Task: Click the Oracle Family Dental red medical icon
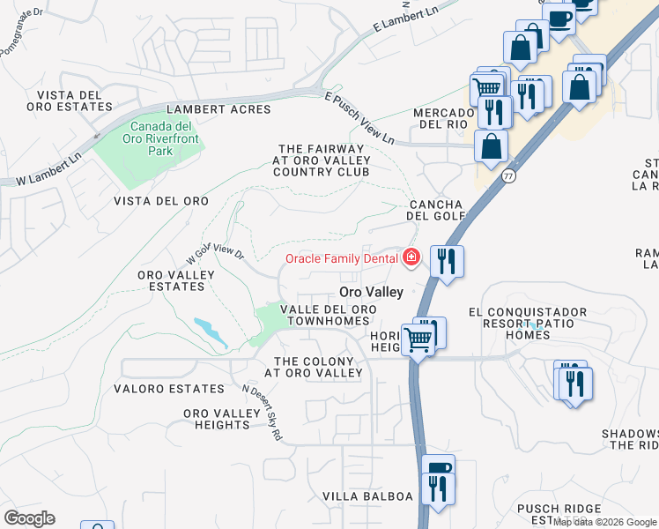pyautogui.click(x=410, y=257)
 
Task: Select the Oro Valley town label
pyautogui.click(x=372, y=292)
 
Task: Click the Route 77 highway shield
pyautogui.click(x=507, y=176)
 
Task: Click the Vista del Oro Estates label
pyautogui.click(x=74, y=101)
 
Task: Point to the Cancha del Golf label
pyautogui.click(x=435, y=209)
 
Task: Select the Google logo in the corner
pyautogui.click(x=29, y=518)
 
